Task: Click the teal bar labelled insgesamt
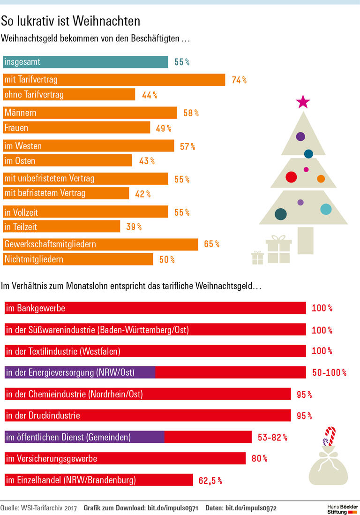tap(85, 62)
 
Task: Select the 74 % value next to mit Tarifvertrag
tap(239, 80)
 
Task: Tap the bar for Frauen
tap(76, 128)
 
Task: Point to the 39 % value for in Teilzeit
tap(134, 227)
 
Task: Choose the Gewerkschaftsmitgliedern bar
tap(101, 244)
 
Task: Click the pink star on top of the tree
tap(303, 101)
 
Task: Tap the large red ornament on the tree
tap(291, 177)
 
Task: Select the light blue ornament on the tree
tap(325, 209)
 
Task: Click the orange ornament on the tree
tap(321, 179)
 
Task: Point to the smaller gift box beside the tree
tap(257, 257)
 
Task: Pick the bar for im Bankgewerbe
tap(155, 308)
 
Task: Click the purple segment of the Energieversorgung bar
tap(80, 372)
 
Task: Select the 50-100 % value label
tap(329, 373)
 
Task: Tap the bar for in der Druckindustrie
tap(148, 416)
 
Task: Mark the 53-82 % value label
tap(272, 438)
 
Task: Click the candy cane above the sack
tap(330, 436)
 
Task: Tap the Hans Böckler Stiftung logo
tap(342, 508)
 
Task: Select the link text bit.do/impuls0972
tap(251, 508)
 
